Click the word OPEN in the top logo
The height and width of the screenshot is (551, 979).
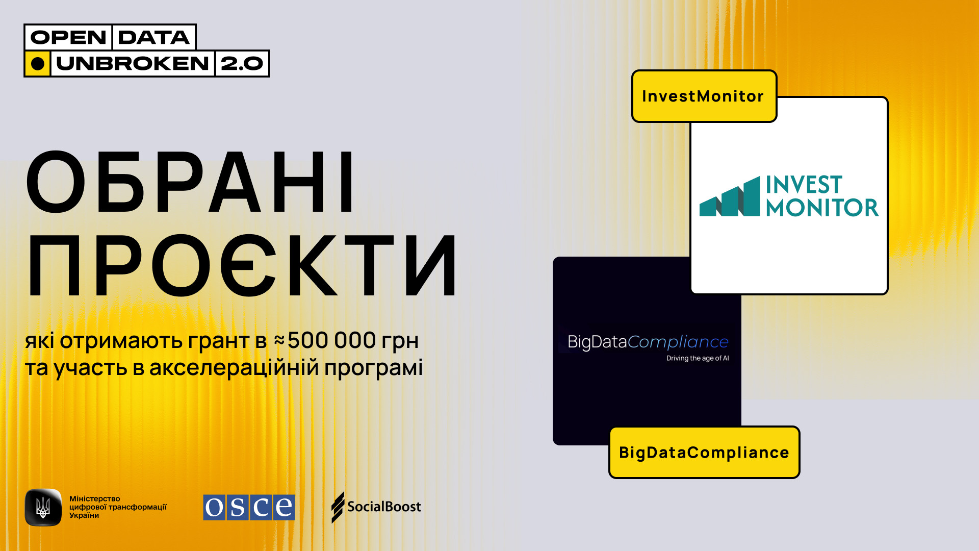pyautogui.click(x=68, y=37)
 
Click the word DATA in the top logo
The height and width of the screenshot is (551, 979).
pyautogui.click(x=153, y=37)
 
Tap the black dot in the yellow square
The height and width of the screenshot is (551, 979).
pyautogui.click(x=38, y=64)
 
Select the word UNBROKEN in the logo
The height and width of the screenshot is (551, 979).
pyautogui.click(x=133, y=64)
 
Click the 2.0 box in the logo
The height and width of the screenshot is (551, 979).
pyautogui.click(x=242, y=64)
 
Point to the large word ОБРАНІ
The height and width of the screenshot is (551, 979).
pyautogui.click(x=190, y=182)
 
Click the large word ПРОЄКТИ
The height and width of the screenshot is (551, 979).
pyautogui.click(x=242, y=265)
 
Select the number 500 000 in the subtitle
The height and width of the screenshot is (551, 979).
pyautogui.click(x=331, y=340)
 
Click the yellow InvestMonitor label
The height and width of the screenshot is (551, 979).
pyautogui.click(x=704, y=96)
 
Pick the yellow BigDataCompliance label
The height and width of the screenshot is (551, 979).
pyautogui.click(x=704, y=453)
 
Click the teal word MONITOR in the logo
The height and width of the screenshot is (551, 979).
pyautogui.click(x=822, y=208)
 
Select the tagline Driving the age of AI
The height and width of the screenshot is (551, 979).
pyautogui.click(x=698, y=358)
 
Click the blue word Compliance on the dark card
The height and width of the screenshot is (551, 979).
pyautogui.click(x=678, y=342)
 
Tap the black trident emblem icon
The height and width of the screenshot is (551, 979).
pyautogui.click(x=43, y=507)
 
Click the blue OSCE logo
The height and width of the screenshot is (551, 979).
pyautogui.click(x=249, y=507)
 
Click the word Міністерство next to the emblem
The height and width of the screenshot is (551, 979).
pyautogui.click(x=95, y=498)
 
